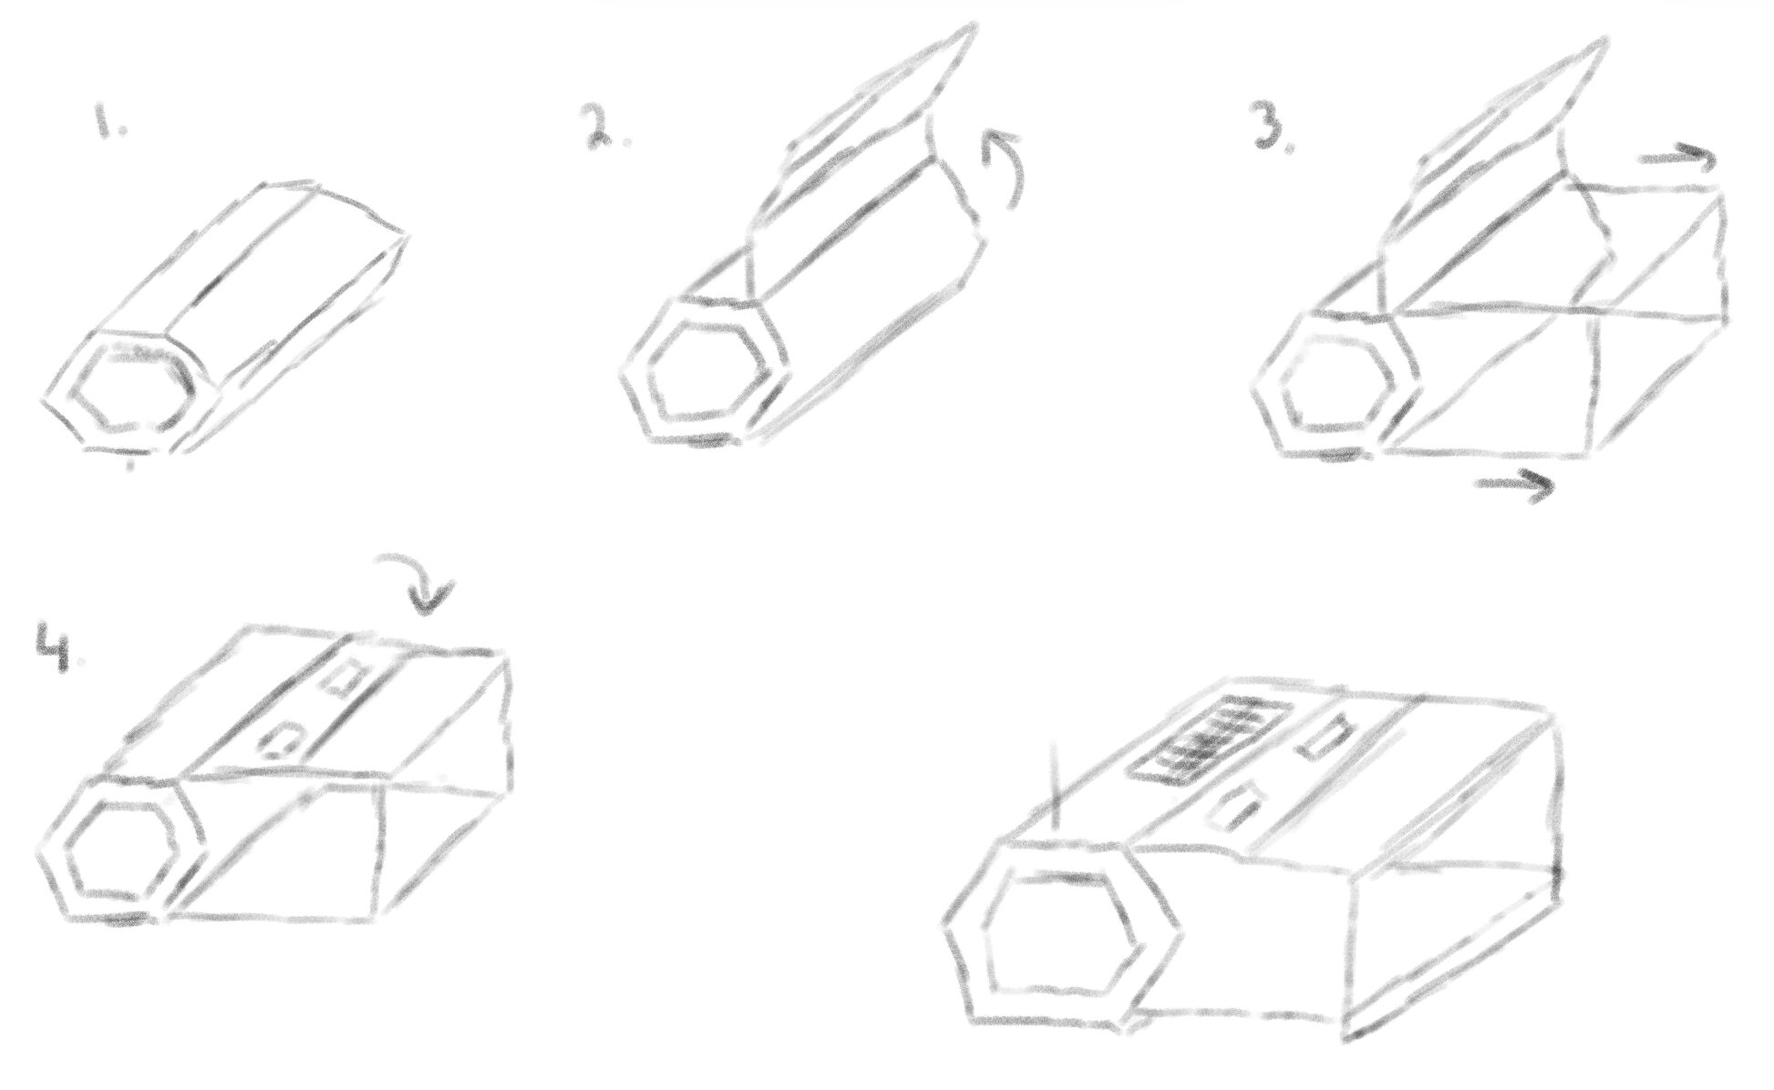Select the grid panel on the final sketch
coord(1209,739)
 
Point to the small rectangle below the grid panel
coord(1234,809)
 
